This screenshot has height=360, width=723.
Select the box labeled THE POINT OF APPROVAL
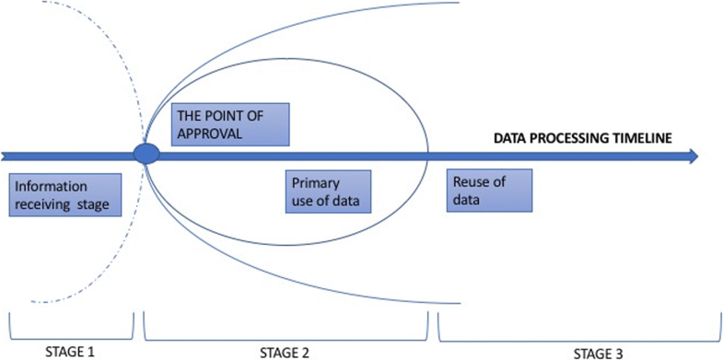[x=230, y=122]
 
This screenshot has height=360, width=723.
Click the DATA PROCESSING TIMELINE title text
[x=583, y=137]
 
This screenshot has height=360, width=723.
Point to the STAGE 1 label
[x=70, y=350]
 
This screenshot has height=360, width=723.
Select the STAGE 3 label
[x=578, y=351]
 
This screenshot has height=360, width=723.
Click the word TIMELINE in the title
[x=640, y=137]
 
